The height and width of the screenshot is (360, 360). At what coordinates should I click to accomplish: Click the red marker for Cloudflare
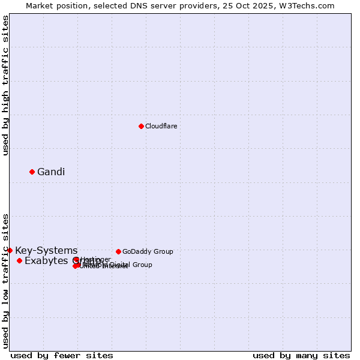(x=141, y=126)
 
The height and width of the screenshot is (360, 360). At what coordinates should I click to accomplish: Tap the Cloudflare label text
(x=161, y=126)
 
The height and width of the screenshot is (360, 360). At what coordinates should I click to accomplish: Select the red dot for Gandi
(x=32, y=172)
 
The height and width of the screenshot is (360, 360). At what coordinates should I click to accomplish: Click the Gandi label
(x=51, y=172)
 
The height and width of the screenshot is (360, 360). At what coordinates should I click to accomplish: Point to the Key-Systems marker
(x=10, y=250)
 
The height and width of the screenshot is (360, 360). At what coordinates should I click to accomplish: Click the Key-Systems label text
(x=46, y=251)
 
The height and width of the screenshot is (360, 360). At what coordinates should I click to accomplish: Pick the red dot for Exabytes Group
(x=20, y=260)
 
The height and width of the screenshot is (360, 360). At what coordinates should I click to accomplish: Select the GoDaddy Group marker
(x=118, y=251)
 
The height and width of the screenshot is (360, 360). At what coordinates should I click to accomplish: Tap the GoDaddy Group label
(x=148, y=252)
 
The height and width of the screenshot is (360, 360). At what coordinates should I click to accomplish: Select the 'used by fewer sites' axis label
(x=62, y=356)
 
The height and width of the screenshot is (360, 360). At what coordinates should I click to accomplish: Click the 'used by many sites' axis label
(x=301, y=356)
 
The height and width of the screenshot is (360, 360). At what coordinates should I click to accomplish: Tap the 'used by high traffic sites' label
(x=6, y=85)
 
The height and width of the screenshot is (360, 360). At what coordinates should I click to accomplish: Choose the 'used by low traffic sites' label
(x=6, y=280)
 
